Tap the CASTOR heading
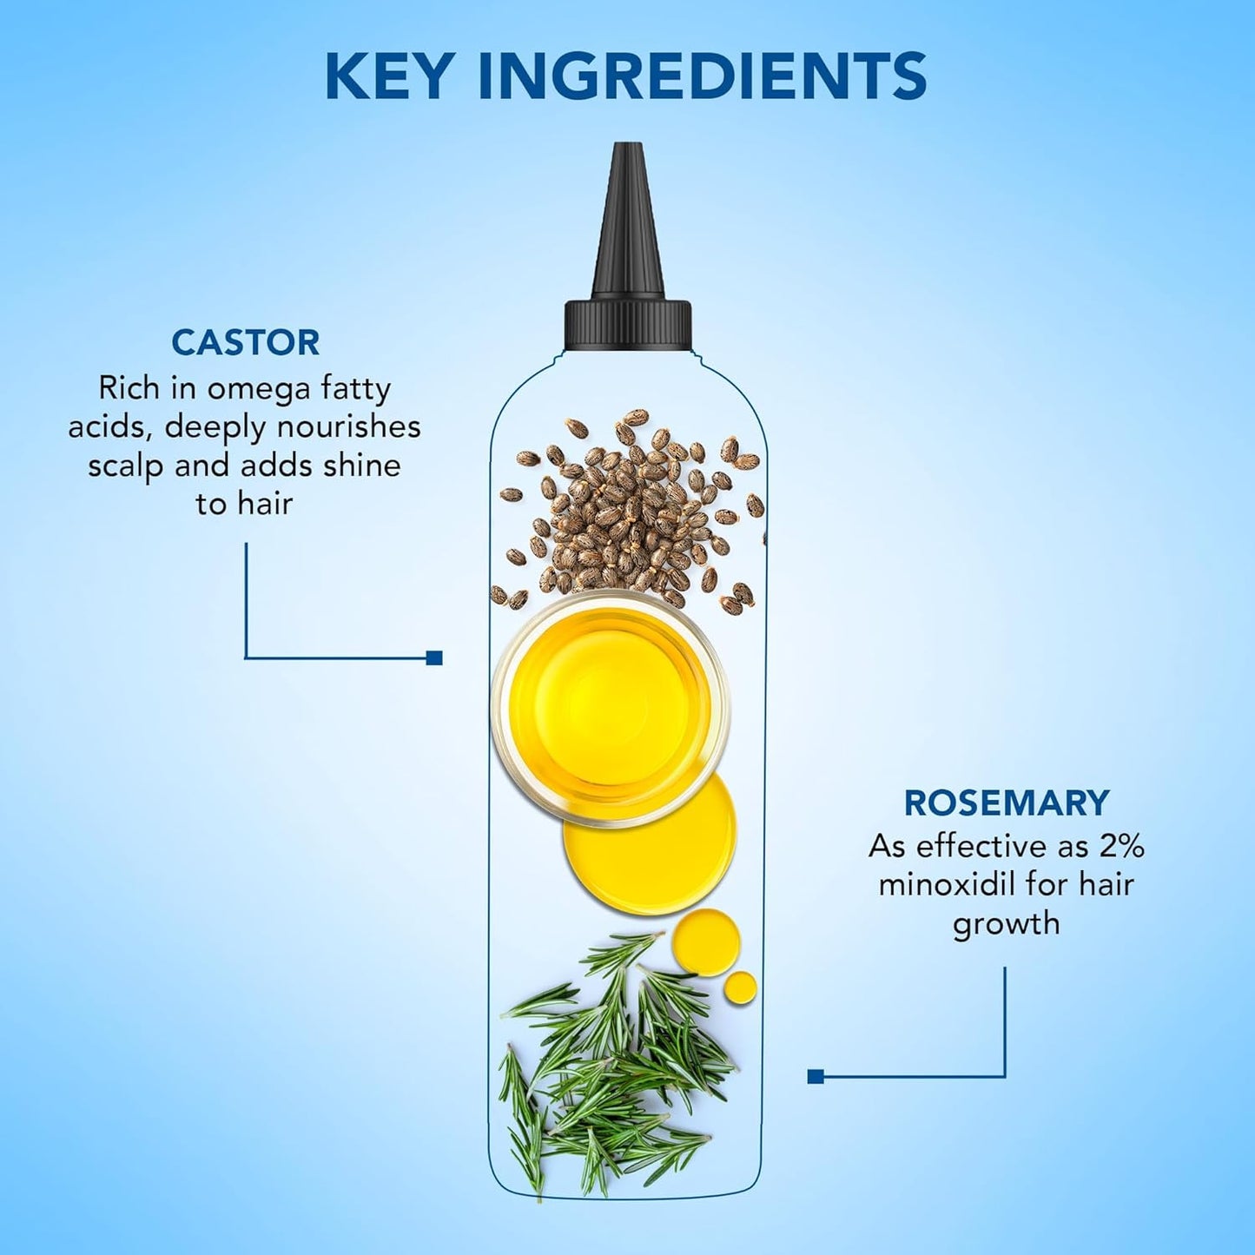pyautogui.click(x=246, y=342)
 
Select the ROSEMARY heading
pyautogui.click(x=1007, y=803)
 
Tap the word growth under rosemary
pyautogui.click(x=1007, y=922)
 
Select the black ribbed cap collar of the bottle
pyautogui.click(x=628, y=323)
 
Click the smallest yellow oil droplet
pyautogui.click(x=740, y=985)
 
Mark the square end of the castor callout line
pyautogui.click(x=434, y=657)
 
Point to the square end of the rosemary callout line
pyautogui.click(x=815, y=1077)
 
